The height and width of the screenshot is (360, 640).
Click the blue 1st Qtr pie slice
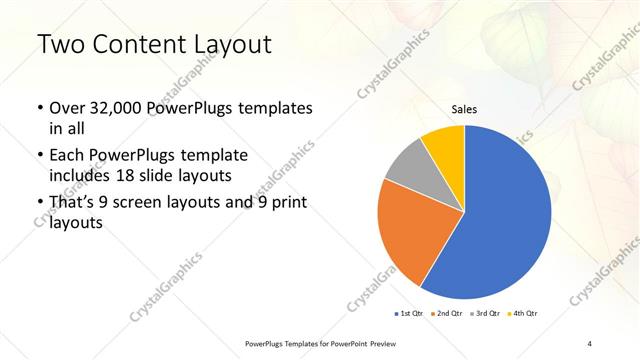point(505,215)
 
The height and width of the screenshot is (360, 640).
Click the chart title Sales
point(463,109)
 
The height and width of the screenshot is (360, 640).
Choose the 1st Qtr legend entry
point(409,314)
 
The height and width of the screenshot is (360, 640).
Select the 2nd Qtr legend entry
point(447,314)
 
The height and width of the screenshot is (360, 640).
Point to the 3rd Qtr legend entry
point(485,314)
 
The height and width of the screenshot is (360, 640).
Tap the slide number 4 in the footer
point(590,344)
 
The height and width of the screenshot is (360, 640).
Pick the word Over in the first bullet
point(67,107)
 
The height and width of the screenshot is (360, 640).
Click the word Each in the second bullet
point(67,156)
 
